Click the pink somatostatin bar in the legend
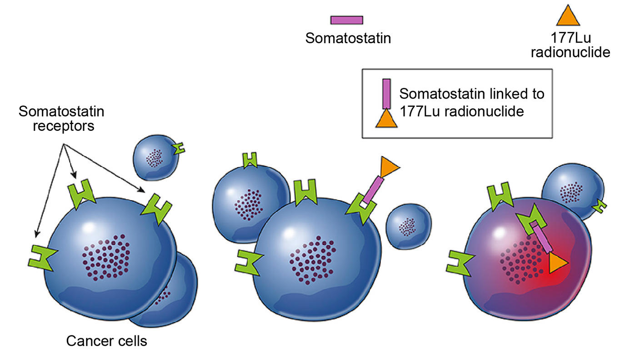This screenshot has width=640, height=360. pos(346,20)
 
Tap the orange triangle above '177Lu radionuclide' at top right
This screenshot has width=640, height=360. pos(568,17)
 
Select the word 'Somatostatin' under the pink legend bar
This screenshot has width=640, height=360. pos(348,38)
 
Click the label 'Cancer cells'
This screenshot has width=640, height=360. pos(107,341)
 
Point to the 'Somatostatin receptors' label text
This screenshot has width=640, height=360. pos(61,118)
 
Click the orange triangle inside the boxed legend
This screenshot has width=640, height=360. pos(386,118)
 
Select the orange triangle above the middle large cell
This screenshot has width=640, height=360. pos(389,167)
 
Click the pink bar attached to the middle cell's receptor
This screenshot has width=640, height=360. pos(373,190)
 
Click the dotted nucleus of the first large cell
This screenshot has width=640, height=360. pos(106,257)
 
